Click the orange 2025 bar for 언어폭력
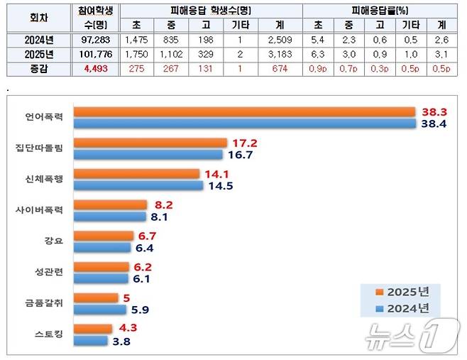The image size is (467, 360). [x=244, y=111]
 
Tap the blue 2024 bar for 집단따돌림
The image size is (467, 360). [x=148, y=154]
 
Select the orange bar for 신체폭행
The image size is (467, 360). [x=136, y=173]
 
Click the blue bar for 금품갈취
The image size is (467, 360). [x=102, y=310]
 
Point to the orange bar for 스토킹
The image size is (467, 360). [x=93, y=329]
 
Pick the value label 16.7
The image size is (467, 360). [x=241, y=154]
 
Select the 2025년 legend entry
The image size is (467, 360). [x=404, y=291]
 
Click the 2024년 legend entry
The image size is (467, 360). [x=404, y=307]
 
